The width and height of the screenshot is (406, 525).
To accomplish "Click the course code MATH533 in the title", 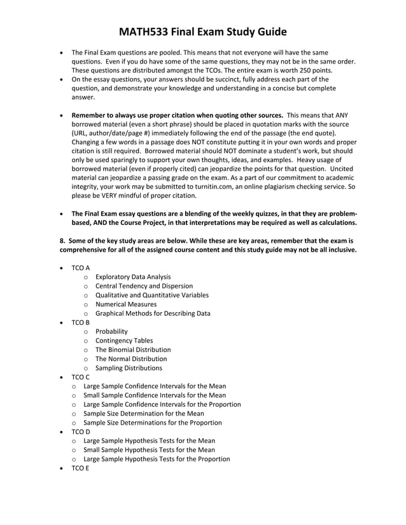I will click(150, 32).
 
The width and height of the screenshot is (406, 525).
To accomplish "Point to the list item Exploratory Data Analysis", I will click(133, 276).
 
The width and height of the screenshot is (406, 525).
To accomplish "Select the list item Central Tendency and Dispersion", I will click(144, 286).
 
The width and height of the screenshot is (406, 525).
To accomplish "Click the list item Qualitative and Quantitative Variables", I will click(152, 295).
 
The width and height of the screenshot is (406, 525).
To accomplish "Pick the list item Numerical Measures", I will click(126, 304).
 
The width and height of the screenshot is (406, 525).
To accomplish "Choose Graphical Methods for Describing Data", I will click(153, 313).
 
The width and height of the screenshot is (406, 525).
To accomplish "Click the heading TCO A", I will click(80, 268).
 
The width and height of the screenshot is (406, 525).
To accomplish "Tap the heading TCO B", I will click(80, 322).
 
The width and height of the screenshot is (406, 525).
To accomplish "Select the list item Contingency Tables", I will click(124, 341).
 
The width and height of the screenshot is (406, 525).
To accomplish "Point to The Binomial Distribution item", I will click(133, 350).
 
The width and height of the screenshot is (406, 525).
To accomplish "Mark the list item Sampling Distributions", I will click(129, 368).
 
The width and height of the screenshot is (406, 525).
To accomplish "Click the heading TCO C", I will click(80, 377).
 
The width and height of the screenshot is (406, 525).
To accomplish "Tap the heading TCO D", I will click(80, 432).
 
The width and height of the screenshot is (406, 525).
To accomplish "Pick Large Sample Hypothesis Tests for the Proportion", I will click(157, 459).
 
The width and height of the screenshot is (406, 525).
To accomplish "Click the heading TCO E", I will click(80, 468).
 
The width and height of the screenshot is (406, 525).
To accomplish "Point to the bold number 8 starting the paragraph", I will click(62, 241).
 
